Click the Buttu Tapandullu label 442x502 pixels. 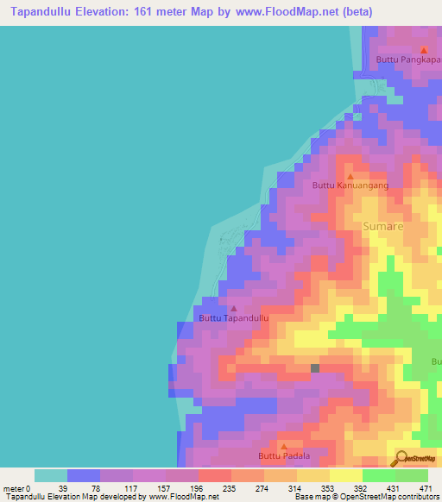tap(234, 318)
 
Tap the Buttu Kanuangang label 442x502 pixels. tap(350, 185)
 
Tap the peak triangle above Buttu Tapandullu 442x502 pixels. tap(234, 307)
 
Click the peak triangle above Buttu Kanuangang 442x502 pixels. tap(350, 175)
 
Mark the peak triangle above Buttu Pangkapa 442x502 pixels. tap(423, 49)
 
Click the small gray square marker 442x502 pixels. tap(315, 368)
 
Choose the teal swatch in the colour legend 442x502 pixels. tap(51, 475)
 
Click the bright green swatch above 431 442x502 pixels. tap(379, 475)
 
